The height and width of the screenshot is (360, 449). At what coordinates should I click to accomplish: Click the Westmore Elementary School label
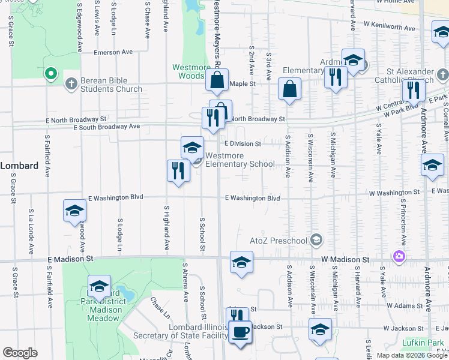[x=240, y=160]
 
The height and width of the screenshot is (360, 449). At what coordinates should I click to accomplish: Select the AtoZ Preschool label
[x=279, y=241]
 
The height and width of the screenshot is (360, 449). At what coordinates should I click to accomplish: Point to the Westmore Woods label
[x=188, y=71]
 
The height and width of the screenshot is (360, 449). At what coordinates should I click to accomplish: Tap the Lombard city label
[x=19, y=166]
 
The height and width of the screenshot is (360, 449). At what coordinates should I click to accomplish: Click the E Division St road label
[x=243, y=144]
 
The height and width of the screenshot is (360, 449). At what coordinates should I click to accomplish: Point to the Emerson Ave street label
[x=113, y=52]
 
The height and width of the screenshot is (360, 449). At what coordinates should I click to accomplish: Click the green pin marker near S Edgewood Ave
[x=51, y=74]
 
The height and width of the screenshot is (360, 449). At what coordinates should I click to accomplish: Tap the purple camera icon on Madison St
[x=399, y=257]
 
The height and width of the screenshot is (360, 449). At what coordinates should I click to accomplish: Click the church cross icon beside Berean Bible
[x=71, y=83]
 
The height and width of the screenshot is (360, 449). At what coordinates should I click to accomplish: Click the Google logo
[x=20, y=353]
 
